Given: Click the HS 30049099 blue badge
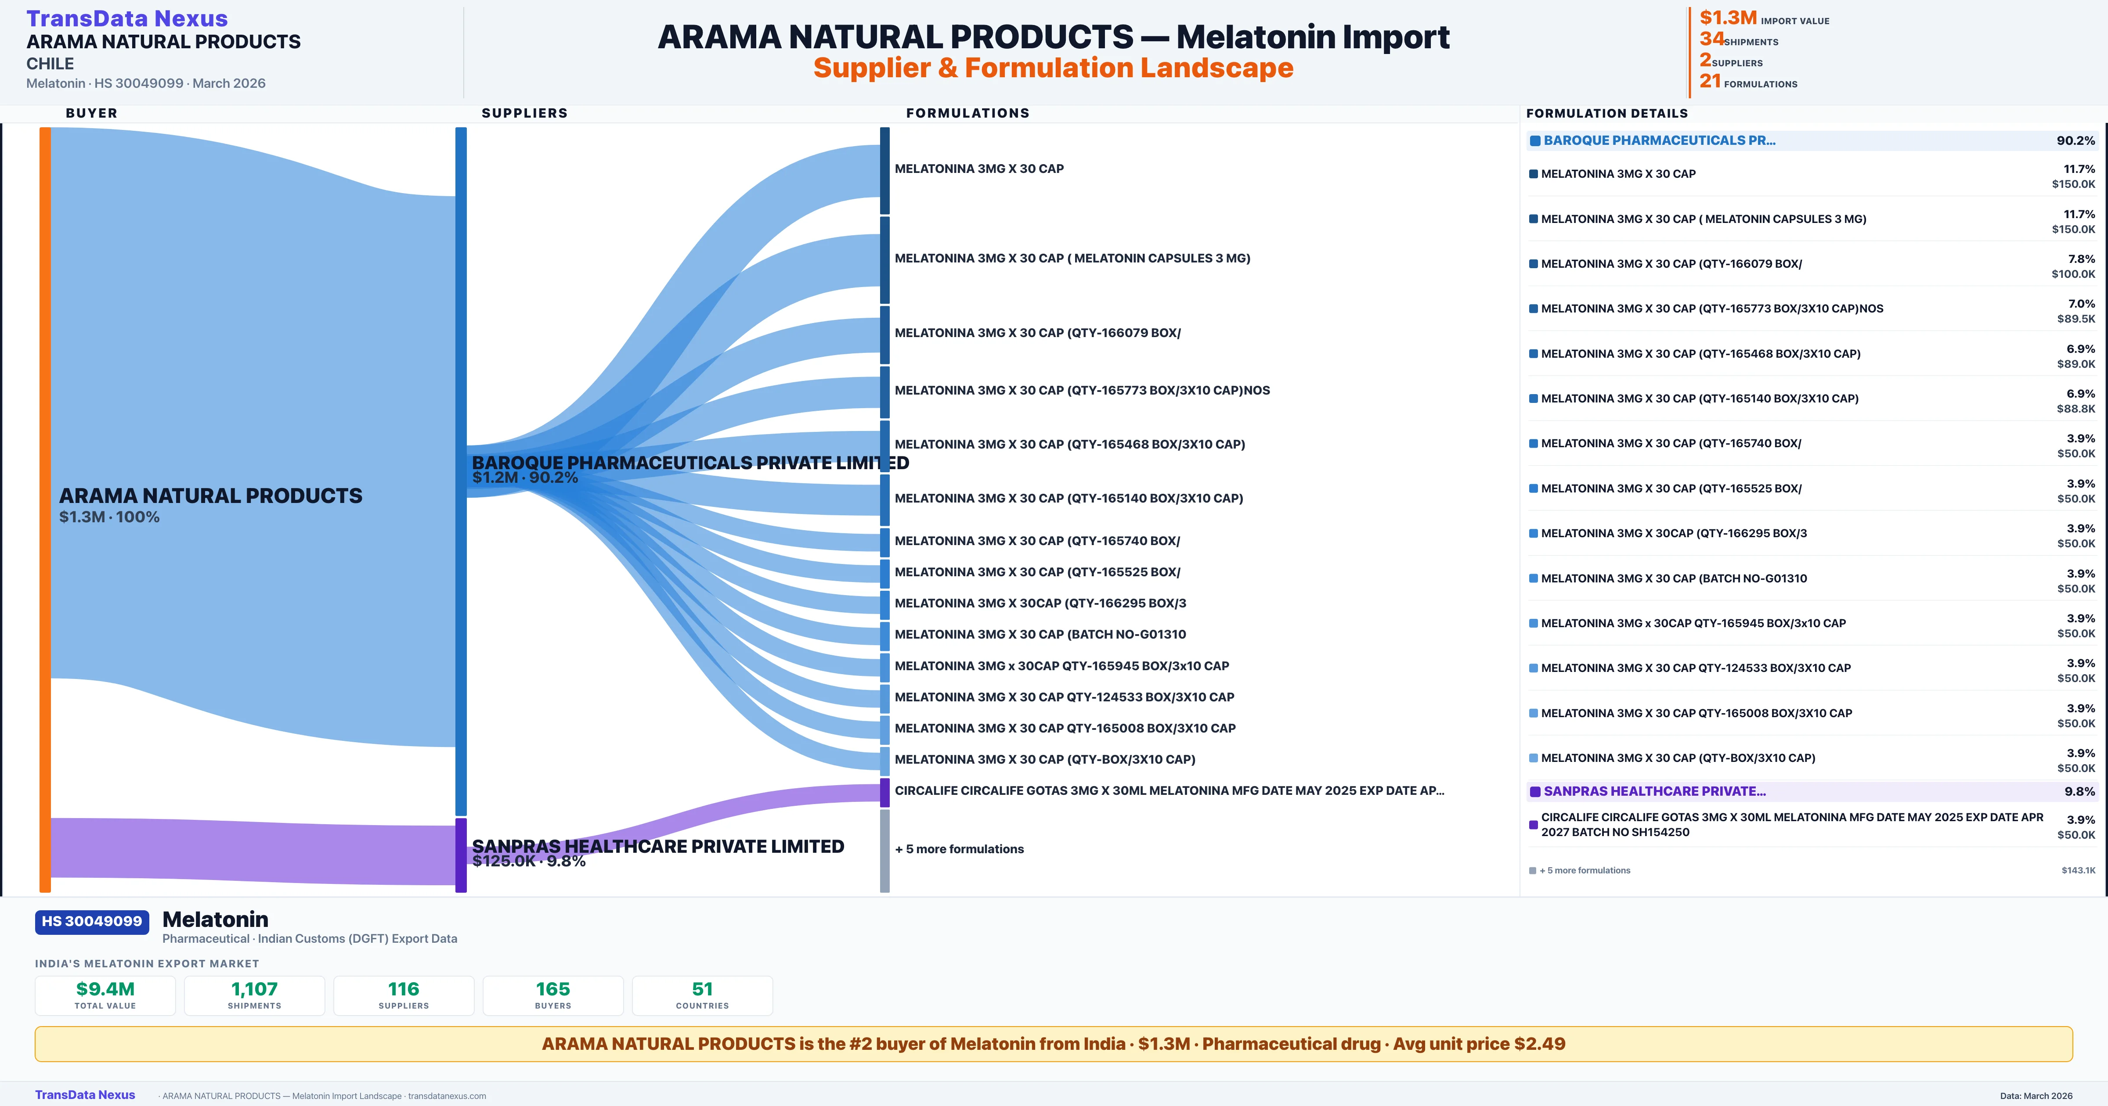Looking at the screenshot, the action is point(92,922).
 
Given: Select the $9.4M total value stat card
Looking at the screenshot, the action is point(105,995).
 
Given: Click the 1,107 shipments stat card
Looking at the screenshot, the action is point(255,995).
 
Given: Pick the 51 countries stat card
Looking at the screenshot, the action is point(702,995).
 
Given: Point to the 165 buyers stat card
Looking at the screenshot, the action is point(553,995).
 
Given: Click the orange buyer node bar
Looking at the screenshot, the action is point(45,509).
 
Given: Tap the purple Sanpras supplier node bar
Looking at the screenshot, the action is point(461,855).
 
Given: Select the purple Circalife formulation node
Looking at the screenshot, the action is point(884,792).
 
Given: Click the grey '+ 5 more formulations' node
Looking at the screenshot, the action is point(884,851).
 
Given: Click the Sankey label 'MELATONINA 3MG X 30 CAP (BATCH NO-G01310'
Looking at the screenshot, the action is point(1040,635).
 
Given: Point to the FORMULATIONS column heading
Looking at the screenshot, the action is point(967,113).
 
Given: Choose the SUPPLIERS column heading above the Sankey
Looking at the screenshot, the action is point(524,113).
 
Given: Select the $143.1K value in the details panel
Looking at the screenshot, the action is point(2079,870).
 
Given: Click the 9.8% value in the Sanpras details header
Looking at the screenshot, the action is point(2079,792).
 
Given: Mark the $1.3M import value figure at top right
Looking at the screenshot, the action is point(1728,18).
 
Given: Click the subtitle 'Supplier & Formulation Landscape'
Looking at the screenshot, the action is point(1053,68).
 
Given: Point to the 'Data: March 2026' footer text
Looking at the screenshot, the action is point(2036,1096).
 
